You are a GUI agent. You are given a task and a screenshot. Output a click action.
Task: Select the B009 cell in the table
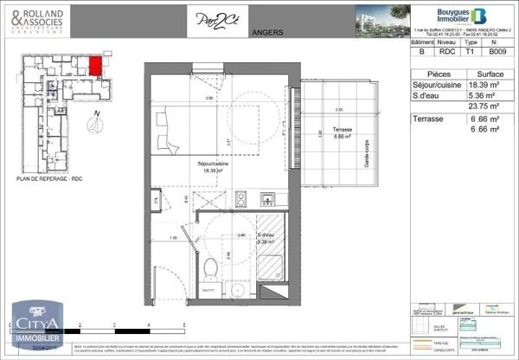pyautogui.click(x=497, y=51)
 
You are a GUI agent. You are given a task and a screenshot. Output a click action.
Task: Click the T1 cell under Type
pyautogui.click(x=471, y=51)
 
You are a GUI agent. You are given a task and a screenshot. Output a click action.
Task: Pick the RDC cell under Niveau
pyautogui.click(x=445, y=51)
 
